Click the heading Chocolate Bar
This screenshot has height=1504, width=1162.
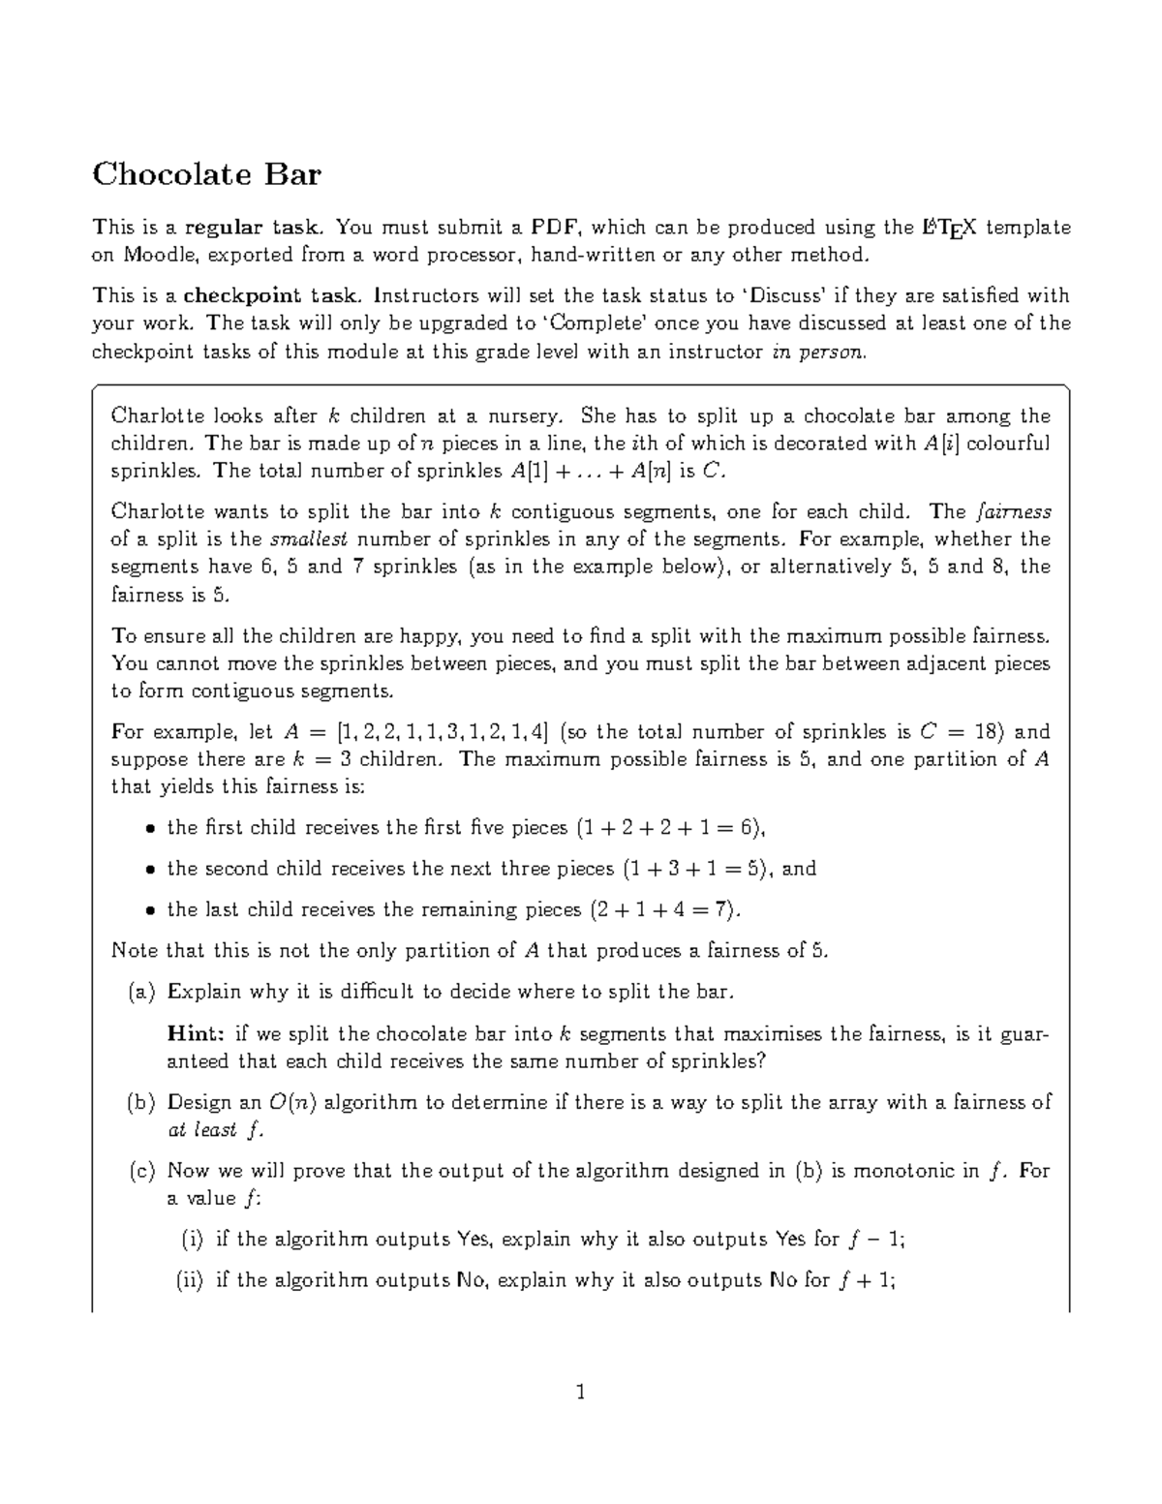coord(206,175)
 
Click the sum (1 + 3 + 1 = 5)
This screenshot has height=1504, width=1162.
coord(697,869)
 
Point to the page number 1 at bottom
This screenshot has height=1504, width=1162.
coord(580,1394)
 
